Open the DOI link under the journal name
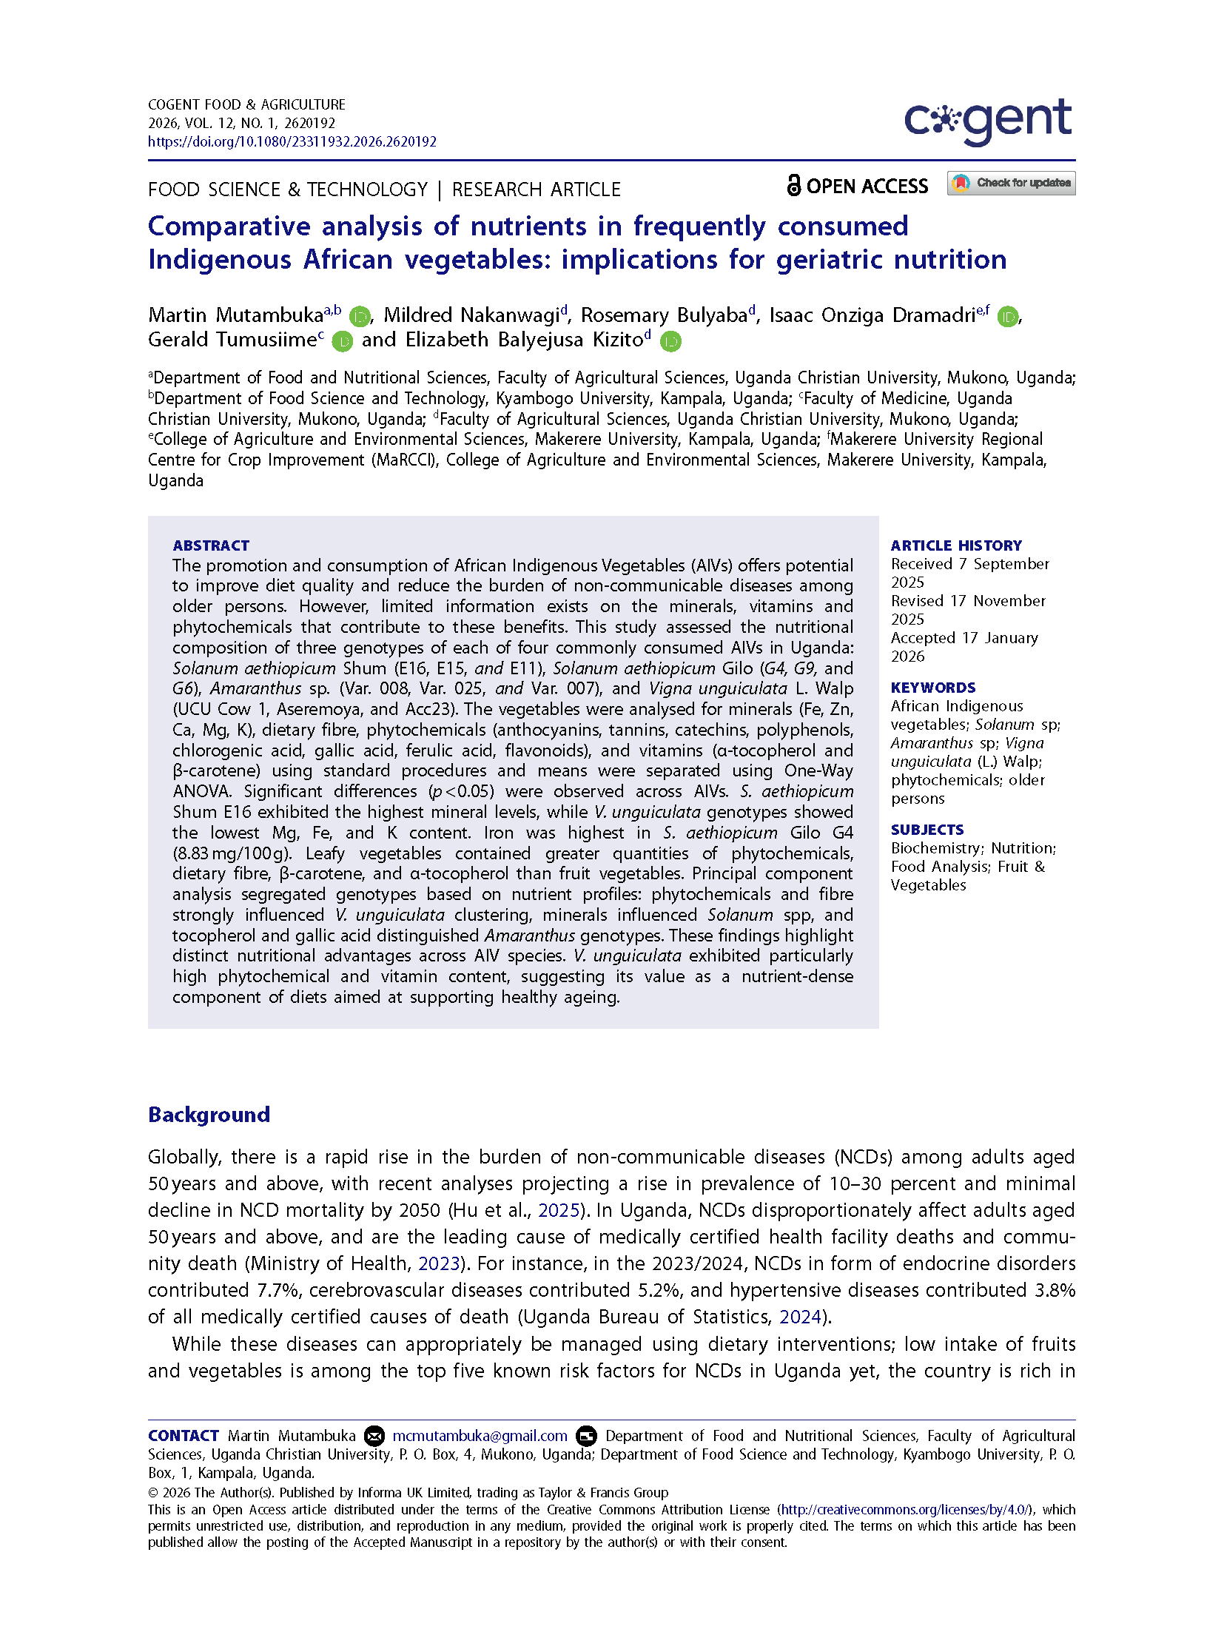pos(292,141)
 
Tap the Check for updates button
pos(1011,183)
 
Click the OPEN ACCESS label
pos(857,186)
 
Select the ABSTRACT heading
pos(211,545)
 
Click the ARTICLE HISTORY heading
pos(955,545)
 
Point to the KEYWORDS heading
pos(932,688)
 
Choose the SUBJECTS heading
pos(927,830)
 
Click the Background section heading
pos(209,1115)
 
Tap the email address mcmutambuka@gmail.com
pos(480,1436)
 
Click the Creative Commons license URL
pos(904,1509)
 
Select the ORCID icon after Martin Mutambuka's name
pos(360,317)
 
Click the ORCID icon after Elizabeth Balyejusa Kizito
pos(670,341)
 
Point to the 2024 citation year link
pos(800,1317)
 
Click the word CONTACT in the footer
pos(183,1436)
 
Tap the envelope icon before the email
pos(374,1436)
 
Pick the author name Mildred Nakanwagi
pos(471,315)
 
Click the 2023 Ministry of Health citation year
pos(439,1263)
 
